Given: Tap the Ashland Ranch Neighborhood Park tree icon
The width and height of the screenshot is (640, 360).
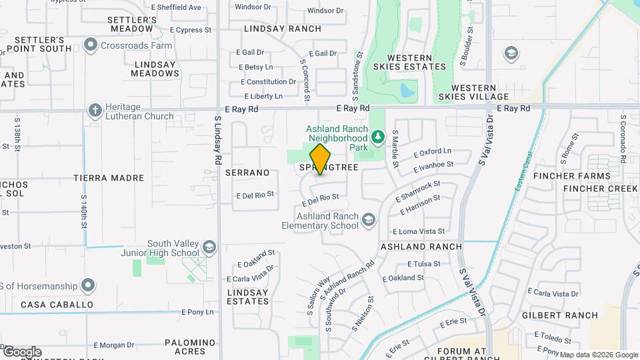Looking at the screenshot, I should tap(378, 137).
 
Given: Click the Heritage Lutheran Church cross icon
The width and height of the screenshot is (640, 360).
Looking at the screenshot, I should tap(95, 110).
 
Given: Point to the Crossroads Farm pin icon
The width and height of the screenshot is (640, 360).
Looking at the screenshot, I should tap(91, 45).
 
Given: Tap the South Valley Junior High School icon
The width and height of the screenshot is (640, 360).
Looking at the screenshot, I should tap(209, 247).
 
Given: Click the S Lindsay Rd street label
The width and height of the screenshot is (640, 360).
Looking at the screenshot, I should tap(217, 141).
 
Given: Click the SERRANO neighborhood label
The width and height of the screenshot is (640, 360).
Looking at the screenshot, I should tap(247, 173).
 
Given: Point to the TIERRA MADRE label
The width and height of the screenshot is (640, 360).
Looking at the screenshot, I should tap(109, 178).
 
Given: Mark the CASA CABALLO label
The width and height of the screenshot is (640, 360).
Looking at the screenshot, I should tap(57, 305).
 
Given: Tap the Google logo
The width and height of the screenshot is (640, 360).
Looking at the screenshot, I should tap(22, 352).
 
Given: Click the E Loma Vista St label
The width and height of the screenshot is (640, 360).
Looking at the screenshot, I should tap(418, 231).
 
